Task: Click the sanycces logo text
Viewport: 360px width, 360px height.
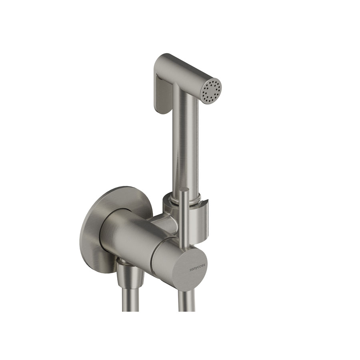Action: tap(198, 267)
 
